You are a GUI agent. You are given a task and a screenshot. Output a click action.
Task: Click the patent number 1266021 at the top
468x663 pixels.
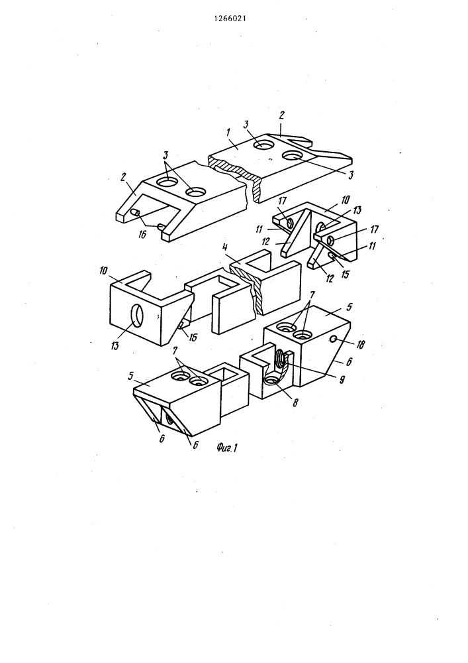click(230, 19)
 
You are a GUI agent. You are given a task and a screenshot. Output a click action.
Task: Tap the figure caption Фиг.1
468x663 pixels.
click(226, 448)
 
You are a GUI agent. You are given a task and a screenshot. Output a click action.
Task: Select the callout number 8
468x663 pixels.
click(295, 402)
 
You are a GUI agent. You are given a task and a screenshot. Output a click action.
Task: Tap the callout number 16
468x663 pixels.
click(142, 233)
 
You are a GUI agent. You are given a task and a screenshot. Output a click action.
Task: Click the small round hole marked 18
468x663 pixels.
click(334, 338)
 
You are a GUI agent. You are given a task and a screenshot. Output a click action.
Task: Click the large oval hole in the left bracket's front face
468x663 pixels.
click(138, 316)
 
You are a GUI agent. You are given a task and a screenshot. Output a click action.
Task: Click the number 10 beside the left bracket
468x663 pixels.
click(104, 270)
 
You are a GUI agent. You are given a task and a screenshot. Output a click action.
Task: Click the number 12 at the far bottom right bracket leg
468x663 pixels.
click(330, 278)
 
